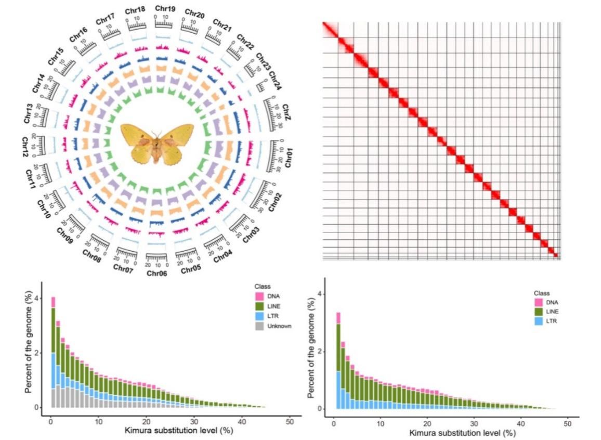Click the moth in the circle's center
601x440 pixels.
pyautogui.click(x=156, y=143)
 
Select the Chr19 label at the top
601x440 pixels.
pyautogui.click(x=165, y=8)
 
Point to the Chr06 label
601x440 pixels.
pyautogui.click(x=156, y=273)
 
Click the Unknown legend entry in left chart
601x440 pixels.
pyautogui.click(x=280, y=326)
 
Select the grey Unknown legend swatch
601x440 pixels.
pyautogui.click(x=259, y=326)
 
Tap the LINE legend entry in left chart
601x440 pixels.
pyautogui.click(x=276, y=306)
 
